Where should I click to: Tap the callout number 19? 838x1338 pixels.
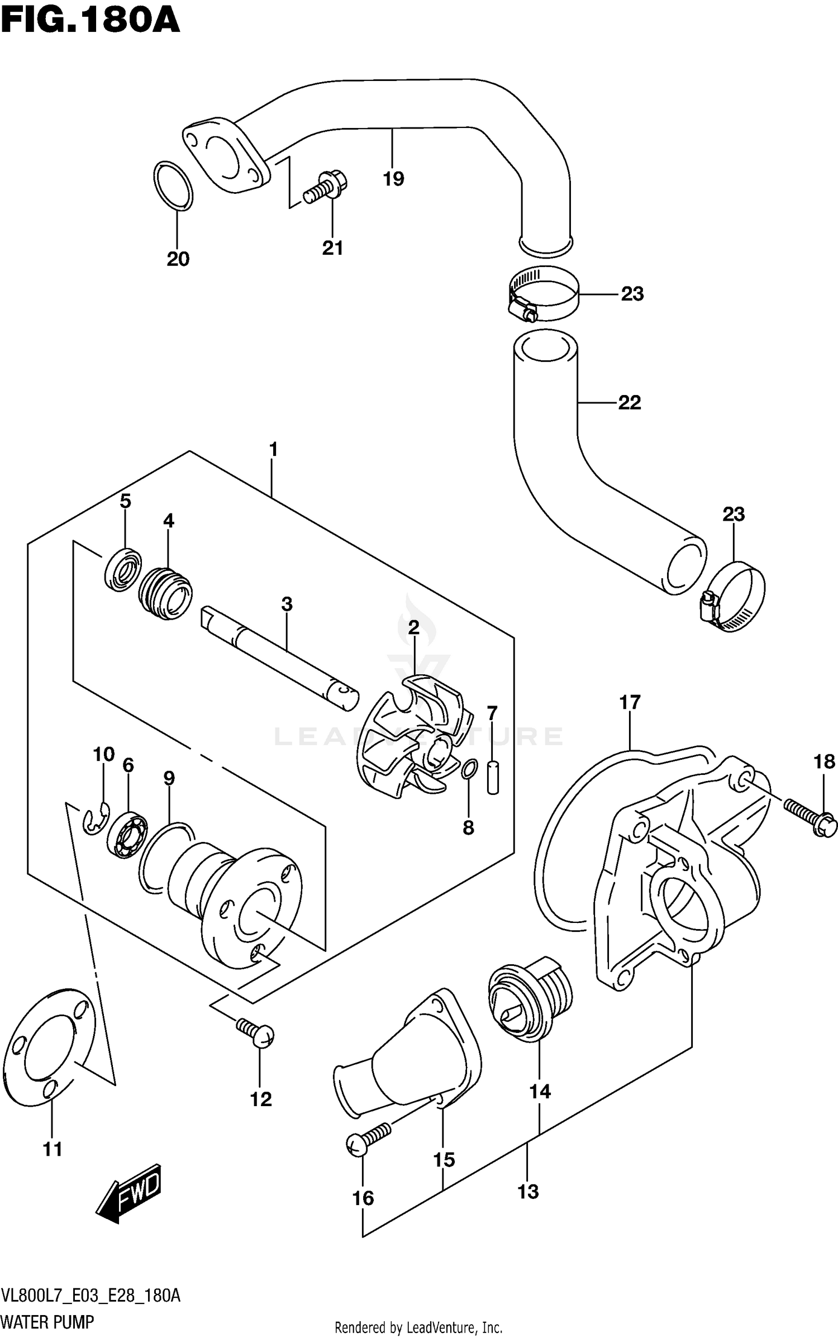point(393,179)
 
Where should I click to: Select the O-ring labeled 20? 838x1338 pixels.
point(173,187)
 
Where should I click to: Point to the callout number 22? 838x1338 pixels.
point(629,402)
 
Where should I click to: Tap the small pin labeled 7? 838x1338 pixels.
point(492,776)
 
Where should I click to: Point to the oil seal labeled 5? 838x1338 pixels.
point(122,570)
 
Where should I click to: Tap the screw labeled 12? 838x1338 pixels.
point(255,1032)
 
